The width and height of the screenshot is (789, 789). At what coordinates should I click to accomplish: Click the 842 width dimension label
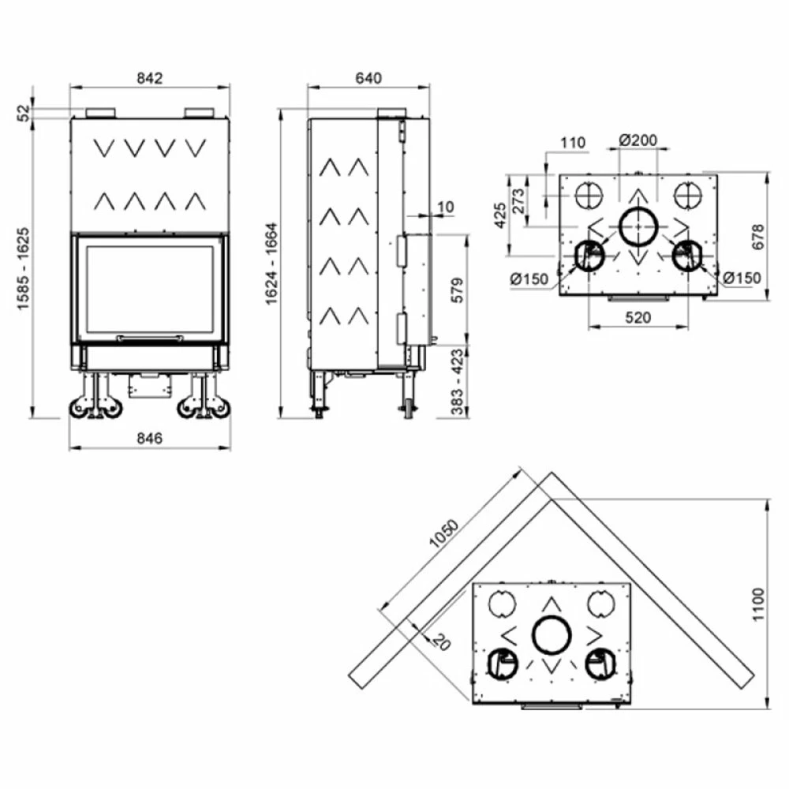(149, 78)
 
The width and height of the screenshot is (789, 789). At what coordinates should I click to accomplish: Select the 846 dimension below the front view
(149, 439)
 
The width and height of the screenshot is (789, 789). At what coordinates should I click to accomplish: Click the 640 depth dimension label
(368, 78)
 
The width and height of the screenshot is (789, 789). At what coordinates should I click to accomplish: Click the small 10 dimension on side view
(445, 207)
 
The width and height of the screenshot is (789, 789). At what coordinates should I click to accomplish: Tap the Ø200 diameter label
(638, 140)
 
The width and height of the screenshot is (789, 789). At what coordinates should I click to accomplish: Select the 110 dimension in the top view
(573, 143)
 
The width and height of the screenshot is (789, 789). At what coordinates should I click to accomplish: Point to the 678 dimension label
(757, 237)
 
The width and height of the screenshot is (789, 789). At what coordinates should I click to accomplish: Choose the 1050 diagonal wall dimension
(443, 534)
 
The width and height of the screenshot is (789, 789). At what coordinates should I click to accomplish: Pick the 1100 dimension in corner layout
(757, 604)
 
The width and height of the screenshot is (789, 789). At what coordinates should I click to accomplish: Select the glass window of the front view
(149, 288)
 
